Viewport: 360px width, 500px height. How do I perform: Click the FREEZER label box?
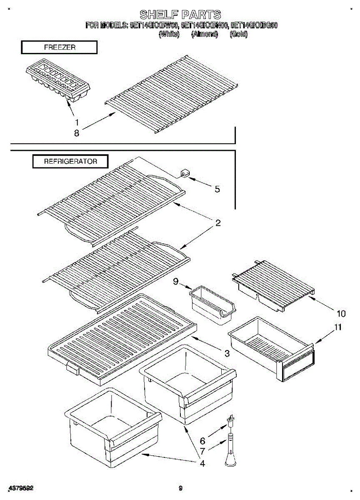click(x=59, y=47)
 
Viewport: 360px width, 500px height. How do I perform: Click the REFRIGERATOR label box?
click(x=70, y=161)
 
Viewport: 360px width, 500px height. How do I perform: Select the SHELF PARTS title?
click(x=180, y=15)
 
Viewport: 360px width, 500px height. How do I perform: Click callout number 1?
click(x=77, y=122)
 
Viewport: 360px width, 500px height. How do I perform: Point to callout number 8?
click(x=77, y=133)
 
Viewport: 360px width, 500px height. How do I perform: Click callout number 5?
click(x=217, y=189)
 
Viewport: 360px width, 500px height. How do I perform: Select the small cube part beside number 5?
click(x=184, y=173)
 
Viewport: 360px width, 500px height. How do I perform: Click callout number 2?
click(x=217, y=223)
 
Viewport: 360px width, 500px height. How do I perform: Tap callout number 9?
click(x=176, y=282)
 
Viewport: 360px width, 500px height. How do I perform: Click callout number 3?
click(x=227, y=354)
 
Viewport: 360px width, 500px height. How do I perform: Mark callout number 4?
click(x=202, y=463)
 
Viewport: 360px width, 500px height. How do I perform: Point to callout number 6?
click(x=202, y=440)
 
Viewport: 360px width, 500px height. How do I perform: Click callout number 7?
click(x=202, y=451)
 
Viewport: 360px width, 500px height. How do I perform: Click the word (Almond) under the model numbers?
click(x=204, y=35)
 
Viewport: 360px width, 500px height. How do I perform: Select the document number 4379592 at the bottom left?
click(x=21, y=488)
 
